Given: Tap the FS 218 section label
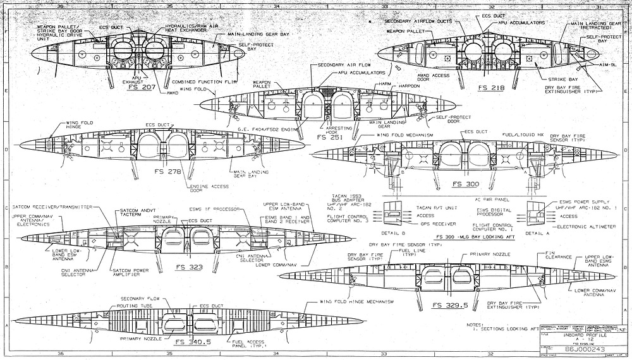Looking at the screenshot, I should click(x=491, y=87).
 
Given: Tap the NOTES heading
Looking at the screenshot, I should click(x=475, y=325).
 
